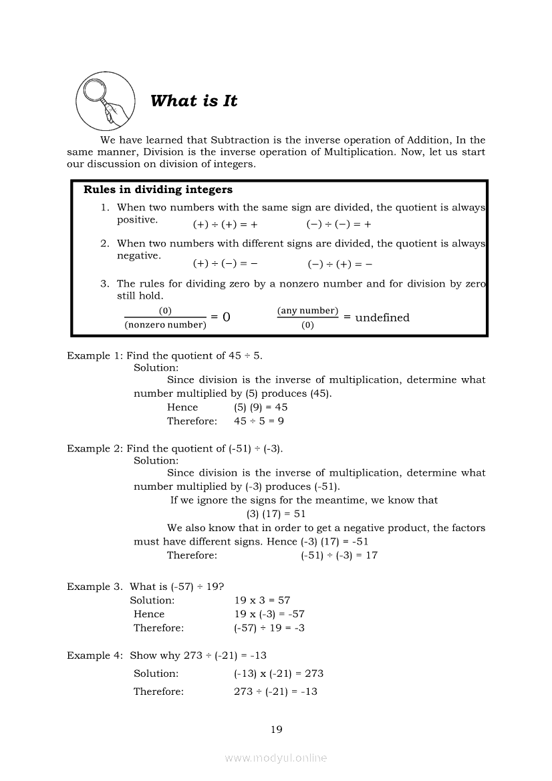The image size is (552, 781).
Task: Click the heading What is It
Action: click(194, 101)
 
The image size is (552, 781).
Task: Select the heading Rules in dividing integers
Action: click(158, 190)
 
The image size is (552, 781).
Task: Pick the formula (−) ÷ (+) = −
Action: click(340, 264)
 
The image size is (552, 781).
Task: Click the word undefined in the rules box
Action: click(382, 317)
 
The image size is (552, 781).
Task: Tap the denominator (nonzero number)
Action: click(165, 325)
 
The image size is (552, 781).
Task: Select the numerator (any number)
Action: click(307, 311)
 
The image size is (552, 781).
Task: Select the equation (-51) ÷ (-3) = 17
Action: click(339, 555)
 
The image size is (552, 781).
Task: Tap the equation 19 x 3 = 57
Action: click(262, 600)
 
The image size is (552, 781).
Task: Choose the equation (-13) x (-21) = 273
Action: click(278, 673)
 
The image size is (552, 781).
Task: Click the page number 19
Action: click(276, 730)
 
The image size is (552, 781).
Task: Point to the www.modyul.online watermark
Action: click(276, 758)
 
